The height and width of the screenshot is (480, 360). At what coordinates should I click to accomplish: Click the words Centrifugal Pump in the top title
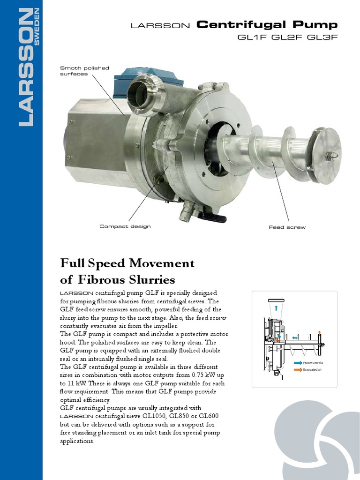click(267, 25)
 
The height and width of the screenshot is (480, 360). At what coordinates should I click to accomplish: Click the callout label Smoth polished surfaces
click(84, 71)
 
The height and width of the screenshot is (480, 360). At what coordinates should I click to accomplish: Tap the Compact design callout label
click(125, 226)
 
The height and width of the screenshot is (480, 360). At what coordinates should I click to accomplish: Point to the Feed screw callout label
click(287, 227)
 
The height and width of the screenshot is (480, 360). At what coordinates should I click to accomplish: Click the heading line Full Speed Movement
click(127, 263)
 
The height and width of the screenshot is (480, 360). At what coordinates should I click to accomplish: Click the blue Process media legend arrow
click(298, 363)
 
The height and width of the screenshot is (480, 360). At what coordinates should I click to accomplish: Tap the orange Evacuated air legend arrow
click(298, 370)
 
